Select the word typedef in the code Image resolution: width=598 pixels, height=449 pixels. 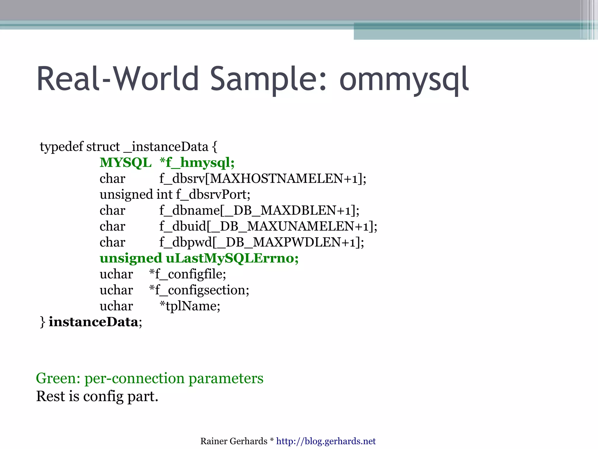[x=62, y=147]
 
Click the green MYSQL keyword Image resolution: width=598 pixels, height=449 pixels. [x=126, y=163]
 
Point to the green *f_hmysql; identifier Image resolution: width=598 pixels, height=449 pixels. [x=197, y=163]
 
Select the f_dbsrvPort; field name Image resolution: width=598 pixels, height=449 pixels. [x=213, y=195]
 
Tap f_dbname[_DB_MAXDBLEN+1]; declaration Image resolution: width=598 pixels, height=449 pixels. [x=259, y=210]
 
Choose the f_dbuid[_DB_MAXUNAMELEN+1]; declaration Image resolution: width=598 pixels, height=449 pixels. [x=268, y=227]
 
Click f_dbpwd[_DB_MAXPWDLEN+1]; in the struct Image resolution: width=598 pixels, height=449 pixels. [x=262, y=242]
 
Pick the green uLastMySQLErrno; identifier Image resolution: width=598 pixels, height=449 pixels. [x=232, y=258]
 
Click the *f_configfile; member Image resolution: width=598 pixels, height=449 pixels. [x=187, y=274]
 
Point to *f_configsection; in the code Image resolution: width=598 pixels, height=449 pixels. [x=199, y=290]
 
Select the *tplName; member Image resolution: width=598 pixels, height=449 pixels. [x=190, y=306]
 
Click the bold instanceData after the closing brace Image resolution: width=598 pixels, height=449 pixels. [x=93, y=322]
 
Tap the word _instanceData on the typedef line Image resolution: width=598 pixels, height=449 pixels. [x=166, y=147]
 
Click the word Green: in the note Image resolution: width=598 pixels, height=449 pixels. [x=58, y=378]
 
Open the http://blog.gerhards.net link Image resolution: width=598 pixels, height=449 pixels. [x=326, y=441]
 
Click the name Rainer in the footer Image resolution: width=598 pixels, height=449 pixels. [x=213, y=441]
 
